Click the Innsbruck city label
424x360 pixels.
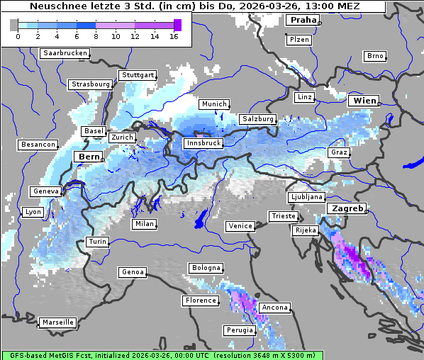(203, 143)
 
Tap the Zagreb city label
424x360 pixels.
(346, 209)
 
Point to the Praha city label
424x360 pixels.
(302, 21)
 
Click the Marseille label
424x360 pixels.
(57, 322)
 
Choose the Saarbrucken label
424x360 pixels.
(65, 53)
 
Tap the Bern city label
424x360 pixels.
(89, 157)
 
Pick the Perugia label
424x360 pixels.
(238, 330)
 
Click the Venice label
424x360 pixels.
(240, 226)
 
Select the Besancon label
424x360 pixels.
(38, 145)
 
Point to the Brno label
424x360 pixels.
(374, 56)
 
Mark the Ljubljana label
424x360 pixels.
(306, 197)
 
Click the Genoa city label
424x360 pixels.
(133, 272)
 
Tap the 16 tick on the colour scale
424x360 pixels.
(174, 36)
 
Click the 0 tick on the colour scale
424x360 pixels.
(18, 36)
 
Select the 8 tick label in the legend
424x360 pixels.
(96, 36)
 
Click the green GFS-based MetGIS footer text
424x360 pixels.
(162, 355)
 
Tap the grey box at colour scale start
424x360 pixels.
(13, 25)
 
